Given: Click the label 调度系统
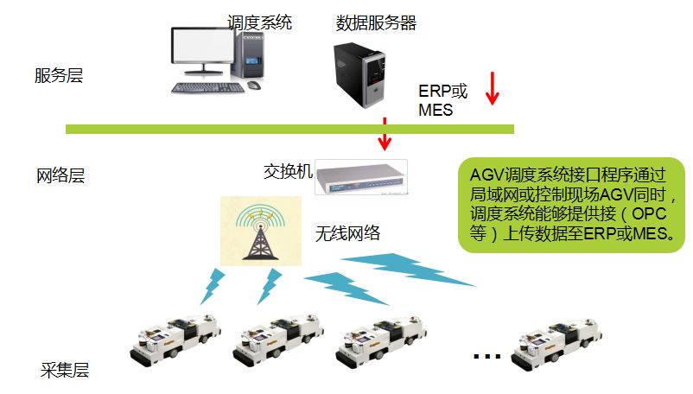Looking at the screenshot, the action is point(259,22).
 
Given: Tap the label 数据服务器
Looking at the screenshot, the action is point(376,23).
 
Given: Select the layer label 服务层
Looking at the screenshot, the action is point(59,75).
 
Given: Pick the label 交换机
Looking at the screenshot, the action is point(288,171).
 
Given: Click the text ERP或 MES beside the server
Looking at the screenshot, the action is point(442,100).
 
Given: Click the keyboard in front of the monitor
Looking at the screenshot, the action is point(204,87).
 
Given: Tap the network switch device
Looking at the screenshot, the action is point(359,178).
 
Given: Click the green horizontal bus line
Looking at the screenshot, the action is point(289,130).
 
